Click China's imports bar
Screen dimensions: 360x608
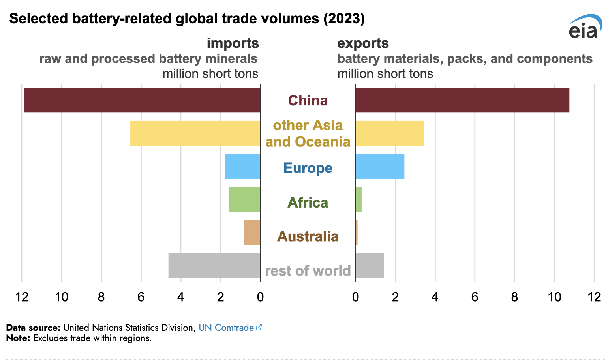coord(142,100)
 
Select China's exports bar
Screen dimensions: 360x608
coord(462,100)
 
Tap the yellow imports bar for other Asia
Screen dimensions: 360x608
coord(195,133)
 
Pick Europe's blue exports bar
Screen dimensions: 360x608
coord(380,166)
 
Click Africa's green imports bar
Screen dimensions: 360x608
coord(244,199)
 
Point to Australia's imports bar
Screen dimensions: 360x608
coord(252,232)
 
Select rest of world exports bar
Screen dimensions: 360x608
coord(370,266)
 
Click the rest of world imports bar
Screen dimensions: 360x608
coord(214,266)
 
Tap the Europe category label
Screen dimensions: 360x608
coord(308,168)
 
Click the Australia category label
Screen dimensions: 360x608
coord(308,236)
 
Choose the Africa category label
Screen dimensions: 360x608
coord(308,203)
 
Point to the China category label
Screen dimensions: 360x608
coord(308,101)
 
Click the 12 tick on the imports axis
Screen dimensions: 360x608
coord(22,297)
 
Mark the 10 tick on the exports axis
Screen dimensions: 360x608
coord(554,297)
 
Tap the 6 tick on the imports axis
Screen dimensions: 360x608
coord(141,297)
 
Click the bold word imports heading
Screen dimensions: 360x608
coord(233,43)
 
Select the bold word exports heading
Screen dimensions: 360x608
coord(363,43)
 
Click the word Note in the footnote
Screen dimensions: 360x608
coord(18,338)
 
